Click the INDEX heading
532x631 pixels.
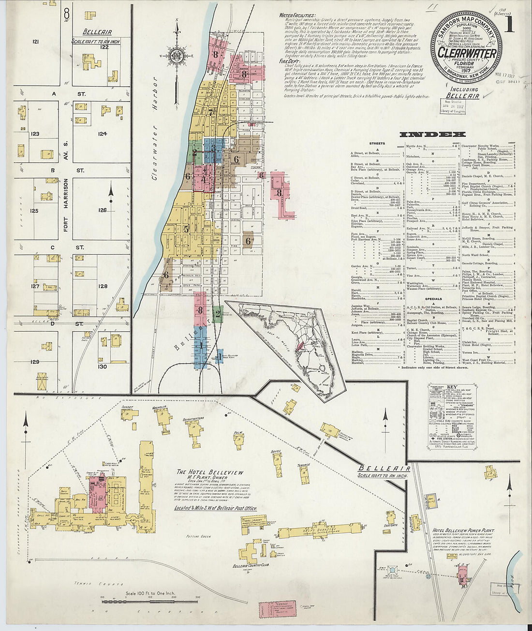click(433, 134)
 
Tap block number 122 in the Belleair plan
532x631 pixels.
click(103, 47)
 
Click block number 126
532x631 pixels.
click(102, 210)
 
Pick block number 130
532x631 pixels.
click(102, 367)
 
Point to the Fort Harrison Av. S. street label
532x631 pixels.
click(66, 205)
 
